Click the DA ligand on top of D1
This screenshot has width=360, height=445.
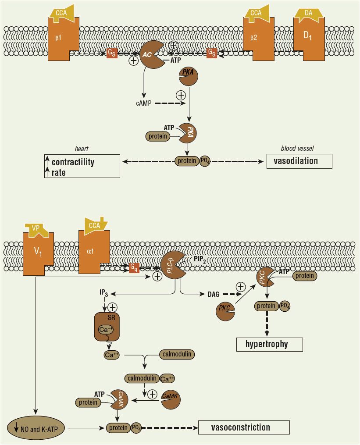309,14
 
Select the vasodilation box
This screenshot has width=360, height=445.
299,161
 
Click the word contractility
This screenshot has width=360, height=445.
73,162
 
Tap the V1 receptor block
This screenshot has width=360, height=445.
38,253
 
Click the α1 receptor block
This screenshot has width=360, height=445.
94,252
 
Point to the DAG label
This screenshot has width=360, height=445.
214,294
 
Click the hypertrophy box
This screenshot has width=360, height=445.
269,344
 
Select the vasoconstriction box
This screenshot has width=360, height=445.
244,427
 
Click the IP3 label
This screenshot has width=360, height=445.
104,292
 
